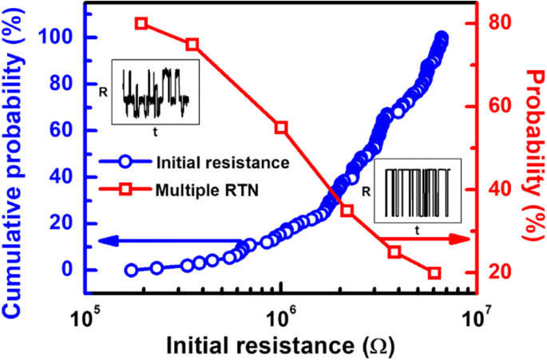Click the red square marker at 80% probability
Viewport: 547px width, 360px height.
(141, 23)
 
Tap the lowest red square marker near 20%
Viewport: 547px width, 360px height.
(434, 273)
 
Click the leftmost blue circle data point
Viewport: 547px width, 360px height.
(131, 271)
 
